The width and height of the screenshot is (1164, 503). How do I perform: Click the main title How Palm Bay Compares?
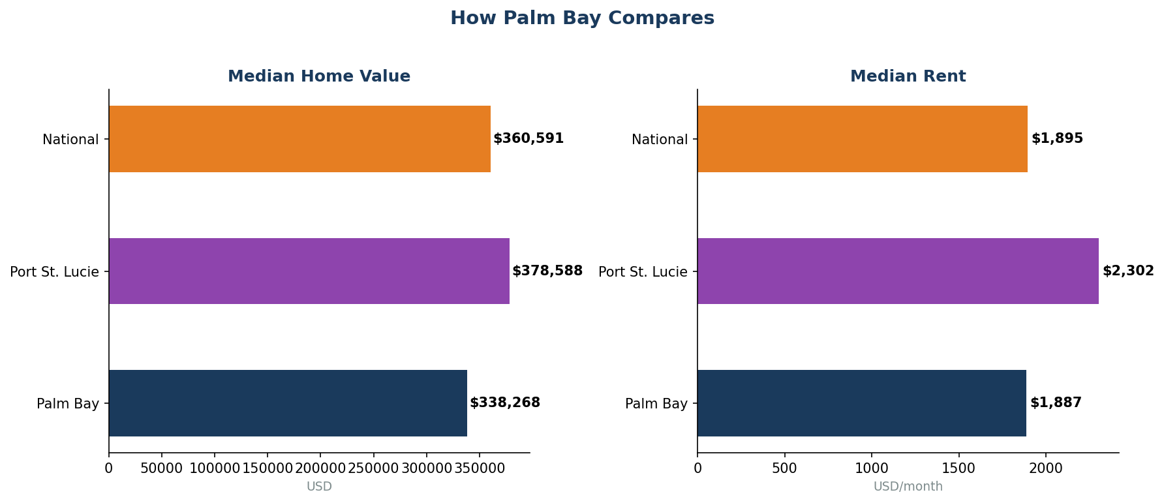[582, 18]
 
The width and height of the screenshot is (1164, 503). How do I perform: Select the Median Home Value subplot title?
[319, 76]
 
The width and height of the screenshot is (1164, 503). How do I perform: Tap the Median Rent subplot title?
[908, 76]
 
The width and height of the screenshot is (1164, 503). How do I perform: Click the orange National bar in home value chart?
[299, 139]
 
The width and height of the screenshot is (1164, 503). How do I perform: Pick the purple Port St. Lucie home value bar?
[309, 271]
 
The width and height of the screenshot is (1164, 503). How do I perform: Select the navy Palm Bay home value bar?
[288, 403]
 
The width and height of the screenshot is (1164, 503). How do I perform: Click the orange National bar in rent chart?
[862, 139]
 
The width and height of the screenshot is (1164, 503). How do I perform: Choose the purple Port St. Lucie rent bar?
[898, 271]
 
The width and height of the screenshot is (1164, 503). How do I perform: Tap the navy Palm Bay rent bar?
[861, 403]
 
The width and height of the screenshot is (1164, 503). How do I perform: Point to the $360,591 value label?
[528, 139]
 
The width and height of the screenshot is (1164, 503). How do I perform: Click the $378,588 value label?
[547, 271]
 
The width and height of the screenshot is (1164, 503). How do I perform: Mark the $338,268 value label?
[505, 403]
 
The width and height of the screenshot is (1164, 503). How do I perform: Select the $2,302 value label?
[1128, 271]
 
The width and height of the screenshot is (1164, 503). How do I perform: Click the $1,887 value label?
[1056, 403]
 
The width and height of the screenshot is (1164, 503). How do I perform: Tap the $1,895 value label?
[1057, 139]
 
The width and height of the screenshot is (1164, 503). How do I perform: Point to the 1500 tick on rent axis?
[958, 468]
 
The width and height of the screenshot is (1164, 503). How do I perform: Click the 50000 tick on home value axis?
[162, 468]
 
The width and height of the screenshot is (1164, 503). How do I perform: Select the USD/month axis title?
[908, 487]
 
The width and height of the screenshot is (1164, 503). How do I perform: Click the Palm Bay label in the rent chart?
[656, 404]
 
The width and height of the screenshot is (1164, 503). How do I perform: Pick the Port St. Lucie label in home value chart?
[54, 272]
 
